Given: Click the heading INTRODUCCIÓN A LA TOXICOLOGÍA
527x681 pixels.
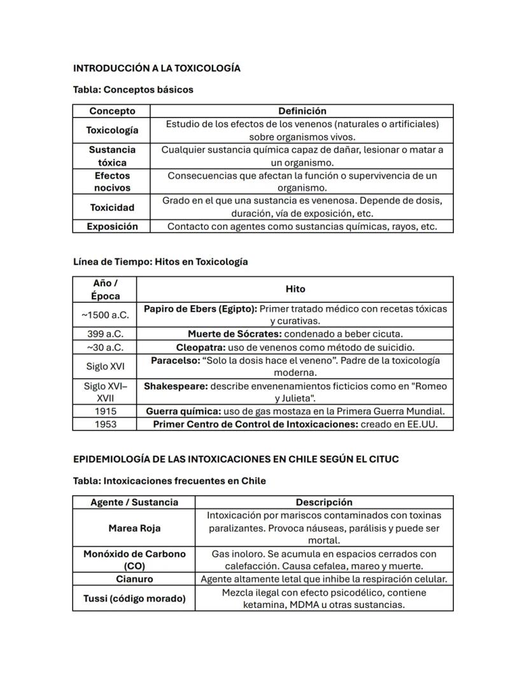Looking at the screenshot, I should point(157,68).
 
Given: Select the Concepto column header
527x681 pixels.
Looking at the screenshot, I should point(112,111).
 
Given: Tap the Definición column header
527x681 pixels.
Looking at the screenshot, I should point(302,111).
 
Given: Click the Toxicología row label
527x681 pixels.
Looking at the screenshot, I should point(112,130).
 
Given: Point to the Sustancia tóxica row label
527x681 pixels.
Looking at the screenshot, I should point(112,156).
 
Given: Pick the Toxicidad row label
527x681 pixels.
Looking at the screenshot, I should point(112,207).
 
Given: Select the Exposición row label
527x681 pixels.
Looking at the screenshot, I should point(112,226).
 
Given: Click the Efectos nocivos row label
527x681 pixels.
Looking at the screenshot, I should point(112,181).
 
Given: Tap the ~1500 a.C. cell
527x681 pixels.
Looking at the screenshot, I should point(105,315).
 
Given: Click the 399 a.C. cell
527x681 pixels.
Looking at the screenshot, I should point(105,334).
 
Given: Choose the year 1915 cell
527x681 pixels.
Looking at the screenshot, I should point(105,411).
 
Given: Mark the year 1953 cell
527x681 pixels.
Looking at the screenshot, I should point(105,424).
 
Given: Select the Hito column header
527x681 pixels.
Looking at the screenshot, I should point(295,289).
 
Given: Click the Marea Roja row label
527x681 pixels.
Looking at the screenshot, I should point(134,528).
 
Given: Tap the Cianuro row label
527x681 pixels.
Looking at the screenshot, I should point(134,579).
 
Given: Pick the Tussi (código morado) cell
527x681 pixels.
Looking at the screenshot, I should point(134,598).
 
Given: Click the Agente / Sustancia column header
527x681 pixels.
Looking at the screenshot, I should point(134,502).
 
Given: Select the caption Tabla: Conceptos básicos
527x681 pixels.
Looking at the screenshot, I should point(133,90).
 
